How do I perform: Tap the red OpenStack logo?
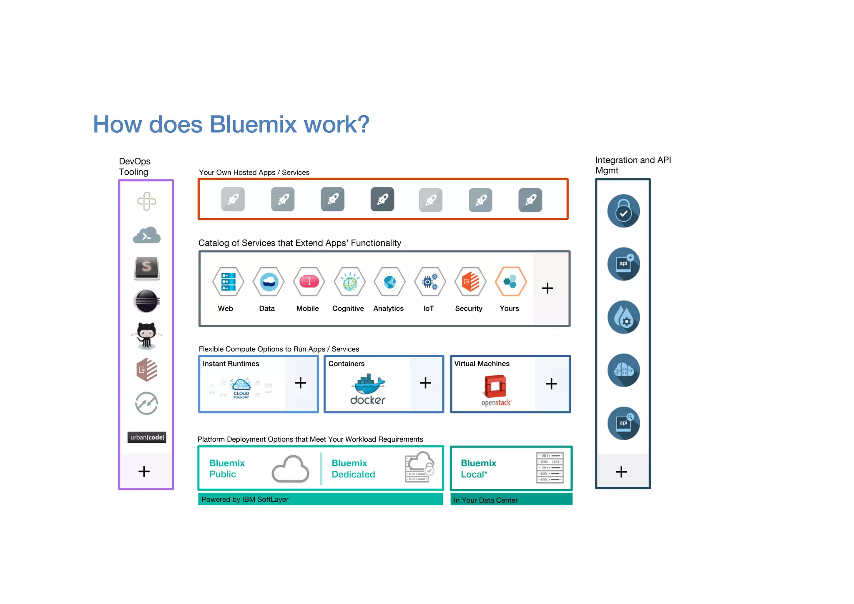(x=495, y=386)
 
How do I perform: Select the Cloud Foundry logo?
(x=241, y=388)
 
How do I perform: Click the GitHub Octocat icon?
(x=146, y=335)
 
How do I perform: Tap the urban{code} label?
(x=147, y=437)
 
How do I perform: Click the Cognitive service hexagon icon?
(x=349, y=282)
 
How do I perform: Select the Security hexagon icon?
(x=470, y=282)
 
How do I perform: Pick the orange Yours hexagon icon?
(x=510, y=282)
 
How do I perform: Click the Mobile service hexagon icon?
(x=309, y=282)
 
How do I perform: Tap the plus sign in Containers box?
(x=425, y=383)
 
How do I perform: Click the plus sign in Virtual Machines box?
(x=551, y=384)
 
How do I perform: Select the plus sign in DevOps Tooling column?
(x=144, y=471)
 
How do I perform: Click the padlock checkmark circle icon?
(x=623, y=211)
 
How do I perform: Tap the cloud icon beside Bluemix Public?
(x=290, y=469)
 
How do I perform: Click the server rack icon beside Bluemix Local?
(x=550, y=468)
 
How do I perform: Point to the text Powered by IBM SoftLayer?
(x=245, y=499)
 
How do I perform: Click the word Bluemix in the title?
(x=253, y=124)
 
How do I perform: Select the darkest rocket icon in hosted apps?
(x=382, y=199)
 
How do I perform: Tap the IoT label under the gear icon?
(x=428, y=308)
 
